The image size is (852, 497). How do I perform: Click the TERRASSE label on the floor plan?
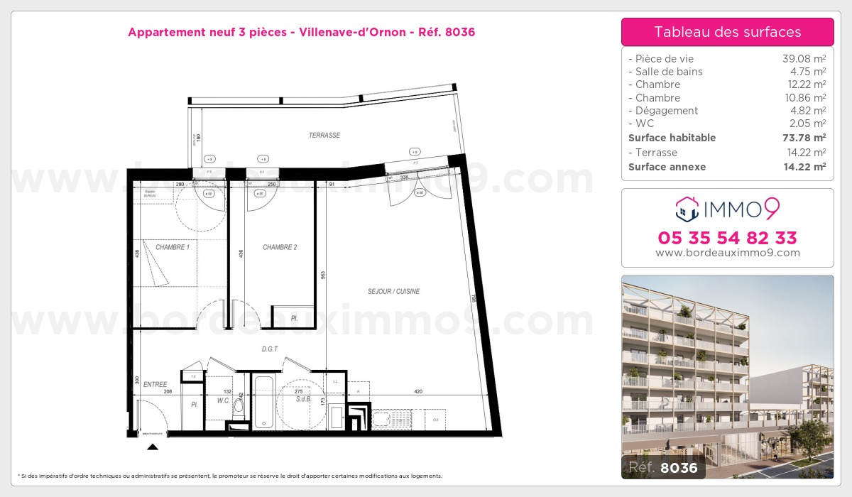pyautogui.click(x=324, y=135)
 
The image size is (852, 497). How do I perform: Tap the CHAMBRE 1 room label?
pyautogui.click(x=173, y=247)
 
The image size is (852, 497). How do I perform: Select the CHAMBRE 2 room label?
pyautogui.click(x=280, y=247)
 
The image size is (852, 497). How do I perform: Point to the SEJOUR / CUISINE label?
pyautogui.click(x=393, y=291)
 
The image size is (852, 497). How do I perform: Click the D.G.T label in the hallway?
pyautogui.click(x=271, y=349)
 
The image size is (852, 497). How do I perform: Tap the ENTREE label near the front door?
pyautogui.click(x=155, y=384)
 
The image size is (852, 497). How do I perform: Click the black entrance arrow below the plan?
pyautogui.click(x=152, y=447)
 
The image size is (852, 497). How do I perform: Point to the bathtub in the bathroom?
pyautogui.click(x=263, y=402)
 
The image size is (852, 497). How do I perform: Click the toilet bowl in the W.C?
pyautogui.click(x=239, y=407)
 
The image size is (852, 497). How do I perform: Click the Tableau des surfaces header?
pyautogui.click(x=727, y=32)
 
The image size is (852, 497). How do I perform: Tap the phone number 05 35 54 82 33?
pyautogui.click(x=727, y=237)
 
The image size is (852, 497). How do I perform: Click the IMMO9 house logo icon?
pyautogui.click(x=687, y=208)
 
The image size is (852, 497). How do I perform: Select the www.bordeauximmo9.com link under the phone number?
pyautogui.click(x=727, y=253)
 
